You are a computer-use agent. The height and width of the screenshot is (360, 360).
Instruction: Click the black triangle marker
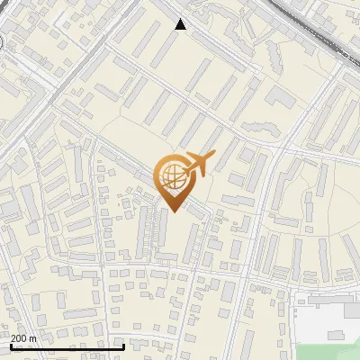(x=181, y=24)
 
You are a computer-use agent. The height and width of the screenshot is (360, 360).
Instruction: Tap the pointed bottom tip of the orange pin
(x=172, y=210)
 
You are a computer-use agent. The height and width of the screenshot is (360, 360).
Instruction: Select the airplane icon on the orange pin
(x=197, y=164)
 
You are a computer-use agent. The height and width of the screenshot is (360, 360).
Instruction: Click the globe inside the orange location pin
(x=172, y=176)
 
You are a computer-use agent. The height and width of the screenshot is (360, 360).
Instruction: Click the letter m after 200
(x=32, y=337)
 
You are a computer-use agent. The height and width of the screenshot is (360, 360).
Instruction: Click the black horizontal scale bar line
(x=67, y=346)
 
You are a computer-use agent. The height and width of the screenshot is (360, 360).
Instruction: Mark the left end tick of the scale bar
(x=12, y=345)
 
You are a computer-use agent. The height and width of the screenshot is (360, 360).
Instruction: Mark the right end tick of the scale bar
(x=123, y=345)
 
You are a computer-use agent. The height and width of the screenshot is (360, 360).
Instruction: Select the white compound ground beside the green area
(x=315, y=324)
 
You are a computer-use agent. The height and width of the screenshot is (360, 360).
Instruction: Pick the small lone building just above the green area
(x=337, y=335)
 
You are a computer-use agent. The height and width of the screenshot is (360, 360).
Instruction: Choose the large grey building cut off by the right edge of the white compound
(x=352, y=310)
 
